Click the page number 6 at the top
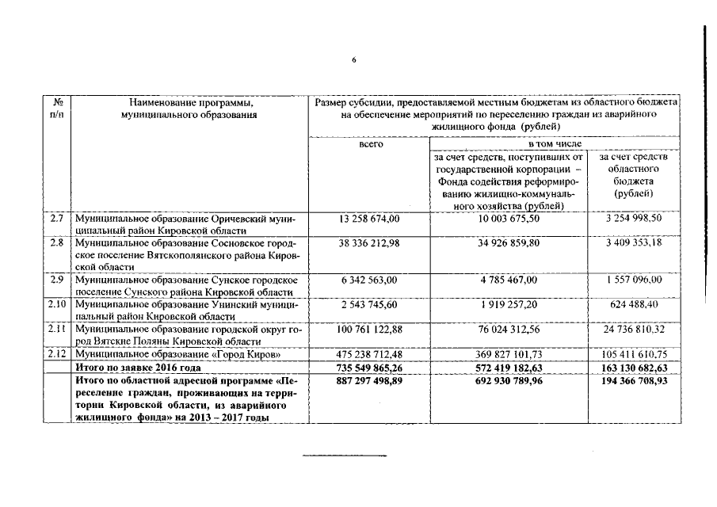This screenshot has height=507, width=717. pos(355,59)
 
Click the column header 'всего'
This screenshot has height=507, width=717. pos(370,144)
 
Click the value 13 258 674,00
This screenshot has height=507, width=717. pos(370,218)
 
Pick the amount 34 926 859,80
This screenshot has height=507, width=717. pos(509,242)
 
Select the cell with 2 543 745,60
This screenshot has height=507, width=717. pos(370,304)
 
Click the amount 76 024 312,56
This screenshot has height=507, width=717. pos(509,329)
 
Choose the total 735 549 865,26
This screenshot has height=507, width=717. pos(370,368)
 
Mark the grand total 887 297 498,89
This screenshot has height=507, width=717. pos(370,381)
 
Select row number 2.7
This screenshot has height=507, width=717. pos(56,218)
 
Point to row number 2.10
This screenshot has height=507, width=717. pos(56,304)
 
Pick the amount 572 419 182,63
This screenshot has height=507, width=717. pos(509,368)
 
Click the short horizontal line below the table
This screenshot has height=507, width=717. pos(345,456)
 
